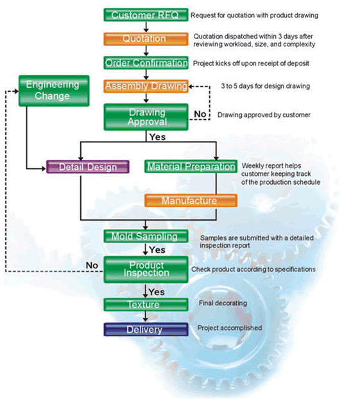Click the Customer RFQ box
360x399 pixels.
[146, 15]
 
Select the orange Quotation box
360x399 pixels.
[146, 39]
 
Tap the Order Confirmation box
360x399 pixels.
[146, 63]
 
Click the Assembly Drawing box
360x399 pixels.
[146, 86]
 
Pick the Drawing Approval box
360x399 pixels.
[146, 117]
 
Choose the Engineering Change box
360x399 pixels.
[54, 90]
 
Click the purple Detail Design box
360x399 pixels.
[88, 167]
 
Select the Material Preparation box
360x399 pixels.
[191, 167]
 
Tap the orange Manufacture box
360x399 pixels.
[191, 201]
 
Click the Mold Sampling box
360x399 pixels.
[146, 236]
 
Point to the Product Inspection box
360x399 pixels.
[146, 269]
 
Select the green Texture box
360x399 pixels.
[146, 305]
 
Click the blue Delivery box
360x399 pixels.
[146, 330]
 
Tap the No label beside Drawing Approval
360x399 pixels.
[200, 114]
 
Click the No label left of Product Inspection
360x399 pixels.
[92, 266]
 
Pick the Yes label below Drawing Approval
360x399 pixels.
[158, 137]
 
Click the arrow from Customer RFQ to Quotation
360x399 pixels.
[146, 27]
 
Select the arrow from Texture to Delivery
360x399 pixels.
[146, 317]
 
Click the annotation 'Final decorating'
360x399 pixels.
[223, 303]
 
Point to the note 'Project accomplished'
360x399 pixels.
[230, 328]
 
